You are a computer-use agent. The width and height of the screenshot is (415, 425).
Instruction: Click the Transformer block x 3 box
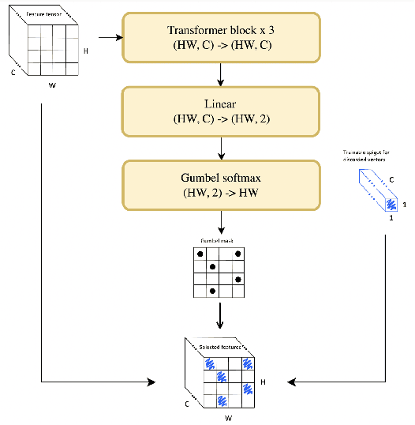click(220, 37)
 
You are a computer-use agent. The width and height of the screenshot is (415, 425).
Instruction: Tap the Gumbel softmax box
click(220, 185)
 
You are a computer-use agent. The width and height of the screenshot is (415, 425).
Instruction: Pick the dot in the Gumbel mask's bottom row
click(213, 291)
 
